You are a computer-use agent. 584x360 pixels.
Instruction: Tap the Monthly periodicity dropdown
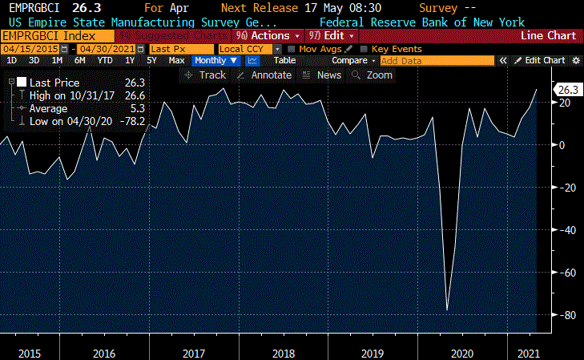tap(215, 60)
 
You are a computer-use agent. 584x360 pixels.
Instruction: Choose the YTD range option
tap(104, 60)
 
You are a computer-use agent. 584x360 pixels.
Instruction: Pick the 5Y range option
tap(152, 60)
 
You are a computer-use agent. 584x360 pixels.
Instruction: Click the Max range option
tap(177, 60)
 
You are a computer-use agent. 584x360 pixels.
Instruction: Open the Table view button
tap(284, 60)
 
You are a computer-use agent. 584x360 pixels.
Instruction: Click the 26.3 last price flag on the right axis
tap(567, 90)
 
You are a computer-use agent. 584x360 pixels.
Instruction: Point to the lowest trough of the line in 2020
tap(447, 310)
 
